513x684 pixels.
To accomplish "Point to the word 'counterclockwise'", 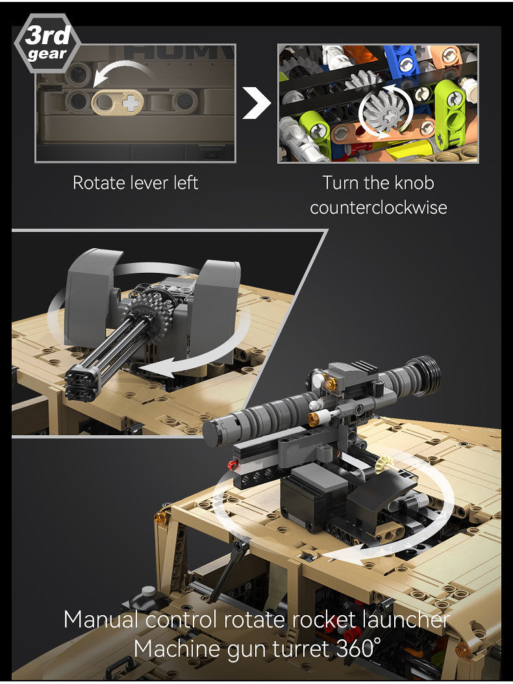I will coord(379,208).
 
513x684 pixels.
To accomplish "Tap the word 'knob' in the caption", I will coord(411,183).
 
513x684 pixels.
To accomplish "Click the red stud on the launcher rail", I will coord(232,464).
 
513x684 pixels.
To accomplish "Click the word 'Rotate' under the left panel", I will coord(95,183).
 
